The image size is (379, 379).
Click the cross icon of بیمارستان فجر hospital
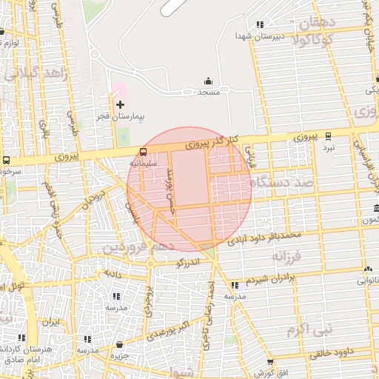coord(121,104)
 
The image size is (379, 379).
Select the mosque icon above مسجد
coord(208,81)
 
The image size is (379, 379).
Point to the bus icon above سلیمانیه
coord(143,151)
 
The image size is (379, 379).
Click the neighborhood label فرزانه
coord(288,256)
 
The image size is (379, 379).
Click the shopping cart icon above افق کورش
coord(270,363)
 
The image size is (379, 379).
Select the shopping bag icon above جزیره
coord(119,344)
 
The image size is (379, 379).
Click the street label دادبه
coord(112,274)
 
